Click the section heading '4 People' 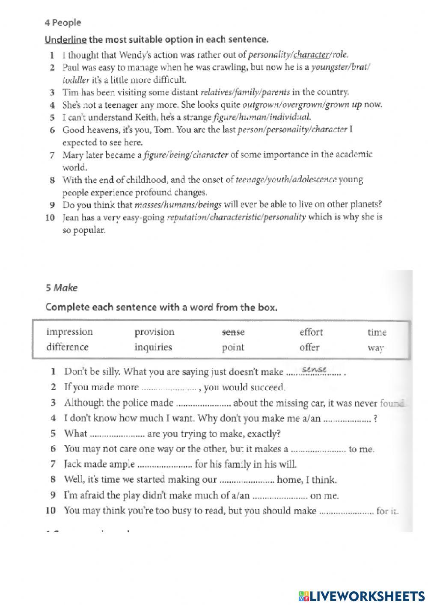(62, 22)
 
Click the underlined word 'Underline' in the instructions (65, 40)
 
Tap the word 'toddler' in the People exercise (76, 80)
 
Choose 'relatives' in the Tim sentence (216, 92)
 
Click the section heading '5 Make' (62, 288)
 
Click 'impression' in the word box (69, 332)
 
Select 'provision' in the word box (155, 332)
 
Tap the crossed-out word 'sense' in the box (233, 332)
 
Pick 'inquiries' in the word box (153, 347)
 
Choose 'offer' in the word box (309, 347)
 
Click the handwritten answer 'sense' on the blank (314, 370)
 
